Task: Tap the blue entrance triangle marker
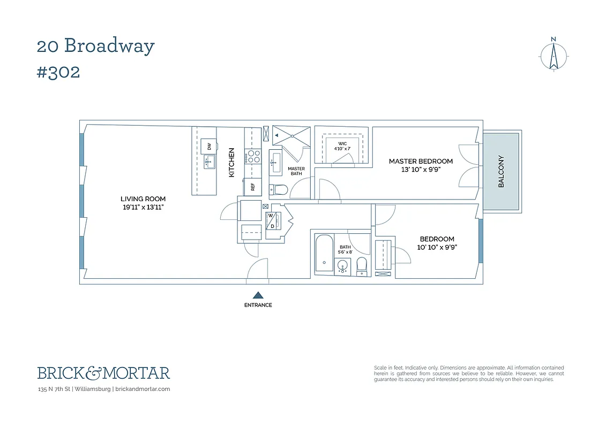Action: tap(258, 295)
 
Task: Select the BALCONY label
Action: tap(502, 171)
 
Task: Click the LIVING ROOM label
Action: tap(143, 199)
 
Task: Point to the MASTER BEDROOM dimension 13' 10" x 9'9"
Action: tap(421, 170)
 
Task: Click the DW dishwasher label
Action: tap(209, 146)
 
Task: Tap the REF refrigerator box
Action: tap(252, 187)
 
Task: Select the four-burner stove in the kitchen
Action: tap(252, 156)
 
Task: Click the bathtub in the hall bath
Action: tap(323, 253)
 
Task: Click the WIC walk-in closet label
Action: tap(341, 143)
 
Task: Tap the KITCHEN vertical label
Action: tap(231, 163)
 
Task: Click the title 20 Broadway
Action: tap(95, 46)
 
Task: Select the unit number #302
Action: tap(58, 72)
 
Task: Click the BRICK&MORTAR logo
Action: tap(103, 373)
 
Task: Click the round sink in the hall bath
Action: tap(342, 265)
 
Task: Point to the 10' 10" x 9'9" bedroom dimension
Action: tap(437, 247)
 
